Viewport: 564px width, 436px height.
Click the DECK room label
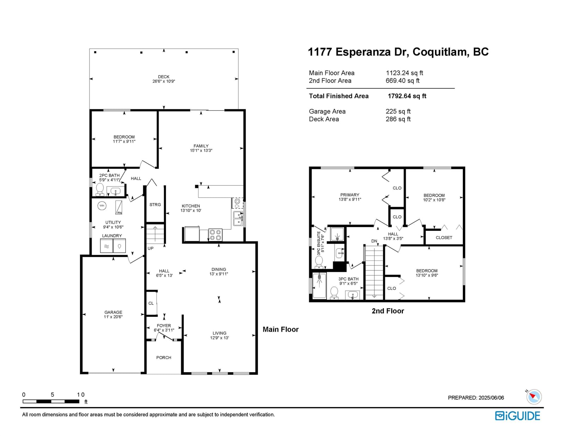pyautogui.click(x=164, y=77)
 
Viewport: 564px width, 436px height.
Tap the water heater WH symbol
pyautogui.click(x=102, y=206)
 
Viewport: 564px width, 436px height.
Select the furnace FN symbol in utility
pyautogui.click(x=119, y=207)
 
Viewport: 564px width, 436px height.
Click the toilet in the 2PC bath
pyautogui.click(x=100, y=190)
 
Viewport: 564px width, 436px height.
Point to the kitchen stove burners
pyautogui.click(x=215, y=235)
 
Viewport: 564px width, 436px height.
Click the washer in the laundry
pyautogui.click(x=106, y=246)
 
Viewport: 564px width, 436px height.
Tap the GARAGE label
pyautogui.click(x=113, y=312)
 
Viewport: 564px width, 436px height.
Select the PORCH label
pyautogui.click(x=164, y=358)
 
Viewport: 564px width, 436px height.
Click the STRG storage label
pyautogui.click(x=155, y=205)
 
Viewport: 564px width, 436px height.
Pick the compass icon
pyautogui.click(x=534, y=397)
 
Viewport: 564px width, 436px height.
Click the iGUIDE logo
pyautogui.click(x=517, y=416)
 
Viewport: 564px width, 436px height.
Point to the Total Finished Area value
pyautogui.click(x=407, y=96)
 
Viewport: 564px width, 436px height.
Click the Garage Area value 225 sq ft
pyautogui.click(x=398, y=111)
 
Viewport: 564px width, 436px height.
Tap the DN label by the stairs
pyautogui.click(x=374, y=241)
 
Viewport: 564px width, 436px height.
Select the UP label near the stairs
pyautogui.click(x=151, y=248)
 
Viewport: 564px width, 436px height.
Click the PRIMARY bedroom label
pyautogui.click(x=350, y=195)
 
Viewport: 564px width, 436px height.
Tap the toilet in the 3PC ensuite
pyautogui.click(x=319, y=262)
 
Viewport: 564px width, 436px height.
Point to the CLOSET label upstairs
pyautogui.click(x=444, y=238)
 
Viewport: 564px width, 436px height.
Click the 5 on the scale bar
pyautogui.click(x=52, y=395)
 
